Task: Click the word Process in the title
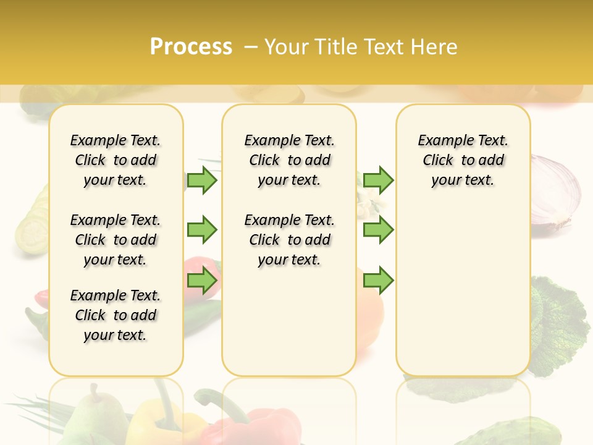tap(191, 46)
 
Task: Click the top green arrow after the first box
tap(202, 180)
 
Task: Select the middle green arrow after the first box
tap(202, 230)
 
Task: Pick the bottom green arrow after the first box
tap(202, 281)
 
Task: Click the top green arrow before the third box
tap(378, 180)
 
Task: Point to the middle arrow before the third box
tap(378, 230)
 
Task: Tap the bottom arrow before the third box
tap(378, 281)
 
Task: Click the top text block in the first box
tap(116, 160)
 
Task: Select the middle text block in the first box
tap(116, 240)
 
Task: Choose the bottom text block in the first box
tap(116, 315)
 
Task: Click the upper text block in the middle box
tap(289, 160)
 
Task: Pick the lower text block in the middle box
tap(289, 240)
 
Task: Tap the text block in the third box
tap(463, 160)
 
